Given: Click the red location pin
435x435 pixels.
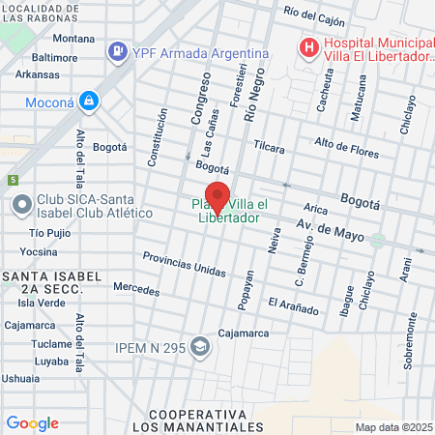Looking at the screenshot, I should pos(217,195).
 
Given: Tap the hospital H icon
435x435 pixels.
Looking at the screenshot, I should pos(308,45).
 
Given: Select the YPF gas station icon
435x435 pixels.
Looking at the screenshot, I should pos(117,50).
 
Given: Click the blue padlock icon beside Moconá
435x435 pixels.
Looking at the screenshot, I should pos(89,100).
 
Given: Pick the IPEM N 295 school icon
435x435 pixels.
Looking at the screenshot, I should pos(200,346).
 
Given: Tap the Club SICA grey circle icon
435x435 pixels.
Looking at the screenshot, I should pos(20,205).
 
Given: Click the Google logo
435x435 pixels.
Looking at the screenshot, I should pos(32,422).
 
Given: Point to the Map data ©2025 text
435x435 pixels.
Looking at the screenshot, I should pos(392,427).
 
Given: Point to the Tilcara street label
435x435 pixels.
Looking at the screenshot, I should pos(269,148).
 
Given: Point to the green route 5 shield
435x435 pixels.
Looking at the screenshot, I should pos(13,180).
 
